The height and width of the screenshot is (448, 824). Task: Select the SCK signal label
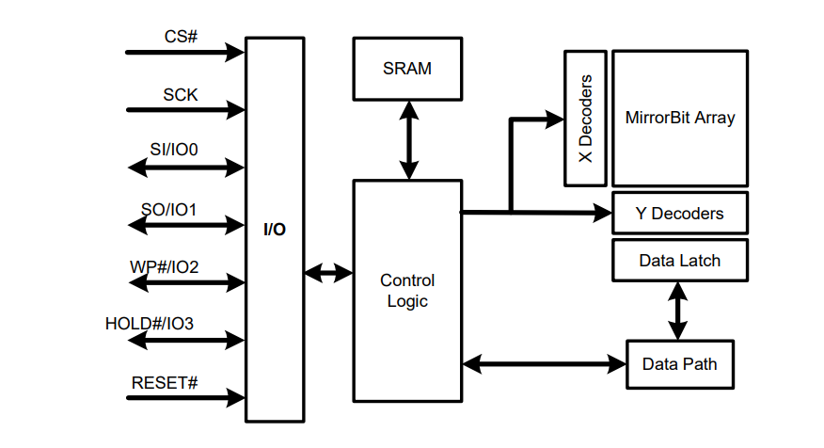pos(180,95)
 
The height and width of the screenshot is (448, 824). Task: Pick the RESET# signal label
pos(165,383)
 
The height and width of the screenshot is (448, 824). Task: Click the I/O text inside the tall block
pos(275,230)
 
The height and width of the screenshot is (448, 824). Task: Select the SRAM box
pos(407,69)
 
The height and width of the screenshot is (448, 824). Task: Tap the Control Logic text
pos(407,291)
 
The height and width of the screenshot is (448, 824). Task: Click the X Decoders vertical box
pos(585,119)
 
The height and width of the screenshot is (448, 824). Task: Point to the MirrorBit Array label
pos(679,119)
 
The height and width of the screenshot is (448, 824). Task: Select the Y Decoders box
pos(679,214)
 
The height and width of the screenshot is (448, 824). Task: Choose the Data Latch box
pos(679,261)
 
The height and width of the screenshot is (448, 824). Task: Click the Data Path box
pos(679,363)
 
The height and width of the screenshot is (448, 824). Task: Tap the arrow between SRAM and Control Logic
pos(408,140)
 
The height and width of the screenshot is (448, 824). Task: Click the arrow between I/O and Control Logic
pos(328,274)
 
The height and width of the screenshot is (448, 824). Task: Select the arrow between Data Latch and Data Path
pos(677,311)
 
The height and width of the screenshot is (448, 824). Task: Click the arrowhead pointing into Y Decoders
pos(603,214)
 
